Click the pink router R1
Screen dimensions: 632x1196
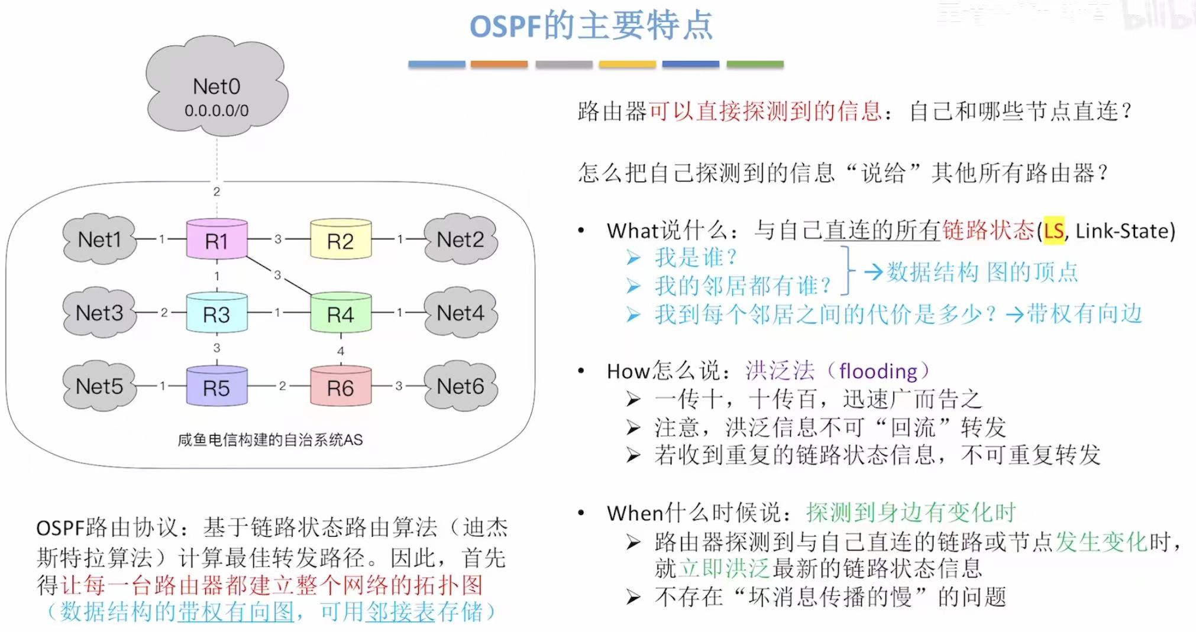coord(216,239)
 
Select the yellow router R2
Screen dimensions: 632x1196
coord(341,239)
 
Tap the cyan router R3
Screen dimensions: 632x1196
coord(216,313)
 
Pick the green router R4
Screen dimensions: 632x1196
coord(341,313)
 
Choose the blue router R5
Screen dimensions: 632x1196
coord(216,387)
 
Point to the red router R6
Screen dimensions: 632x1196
coord(341,387)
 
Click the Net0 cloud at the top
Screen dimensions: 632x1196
coord(216,89)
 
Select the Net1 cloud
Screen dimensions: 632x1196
coord(99,239)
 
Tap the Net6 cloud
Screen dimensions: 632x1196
coord(460,387)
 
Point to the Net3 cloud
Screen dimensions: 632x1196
coord(99,313)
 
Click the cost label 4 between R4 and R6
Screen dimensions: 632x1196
coord(341,351)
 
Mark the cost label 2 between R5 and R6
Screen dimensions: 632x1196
coord(283,386)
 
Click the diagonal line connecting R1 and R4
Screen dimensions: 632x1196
coord(278,276)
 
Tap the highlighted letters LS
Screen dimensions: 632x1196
coord(1053,231)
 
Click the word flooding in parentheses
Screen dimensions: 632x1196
coord(878,371)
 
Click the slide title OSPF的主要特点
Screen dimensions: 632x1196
coord(591,26)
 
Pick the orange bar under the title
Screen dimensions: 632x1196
coord(499,64)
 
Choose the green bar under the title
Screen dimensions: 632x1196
coord(755,64)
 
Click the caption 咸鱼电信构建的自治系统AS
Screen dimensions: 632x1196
coord(270,440)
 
